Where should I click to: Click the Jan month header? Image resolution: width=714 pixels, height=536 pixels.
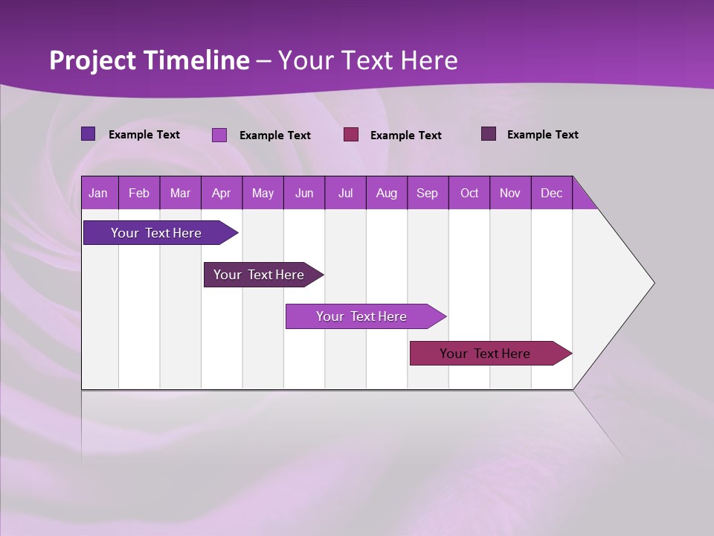(x=98, y=193)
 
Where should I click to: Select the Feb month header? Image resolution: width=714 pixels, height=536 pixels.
(x=139, y=193)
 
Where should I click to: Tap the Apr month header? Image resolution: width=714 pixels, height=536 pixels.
(x=221, y=193)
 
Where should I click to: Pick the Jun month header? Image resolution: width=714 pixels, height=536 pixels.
(x=304, y=193)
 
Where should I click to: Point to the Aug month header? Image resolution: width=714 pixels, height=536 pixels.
(x=386, y=193)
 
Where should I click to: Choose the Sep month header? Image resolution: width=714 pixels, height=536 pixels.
(x=427, y=193)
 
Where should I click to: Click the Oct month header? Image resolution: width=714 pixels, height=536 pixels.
(x=469, y=193)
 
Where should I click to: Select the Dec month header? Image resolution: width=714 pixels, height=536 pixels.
(x=551, y=193)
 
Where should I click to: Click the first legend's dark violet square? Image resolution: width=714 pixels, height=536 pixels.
(x=88, y=134)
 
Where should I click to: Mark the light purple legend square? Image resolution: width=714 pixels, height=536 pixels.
(x=219, y=135)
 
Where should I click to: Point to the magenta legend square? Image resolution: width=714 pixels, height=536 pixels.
(x=351, y=135)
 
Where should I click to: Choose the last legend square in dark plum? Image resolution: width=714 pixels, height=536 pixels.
(x=489, y=134)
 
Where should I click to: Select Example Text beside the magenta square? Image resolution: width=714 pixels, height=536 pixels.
(x=405, y=135)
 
